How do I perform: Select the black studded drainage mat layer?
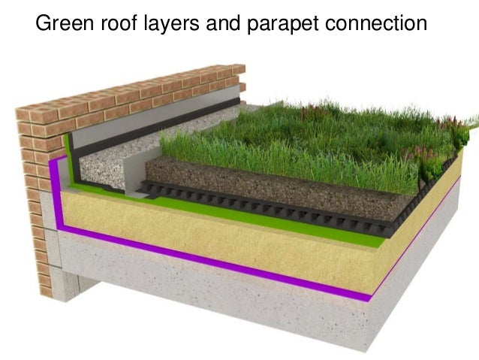click(300, 210)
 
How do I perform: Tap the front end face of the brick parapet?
click(34, 195)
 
